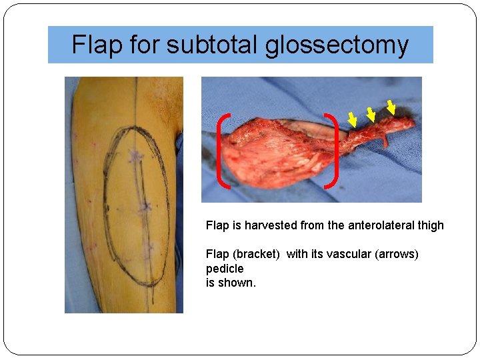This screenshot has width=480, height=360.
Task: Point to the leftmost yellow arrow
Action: [352, 119]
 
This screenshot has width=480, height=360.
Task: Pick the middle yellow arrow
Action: [370, 115]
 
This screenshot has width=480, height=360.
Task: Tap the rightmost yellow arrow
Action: [391, 105]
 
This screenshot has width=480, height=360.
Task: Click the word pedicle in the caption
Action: [225, 269]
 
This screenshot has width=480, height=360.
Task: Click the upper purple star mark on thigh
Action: [137, 156]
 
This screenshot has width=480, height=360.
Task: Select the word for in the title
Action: [144, 45]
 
